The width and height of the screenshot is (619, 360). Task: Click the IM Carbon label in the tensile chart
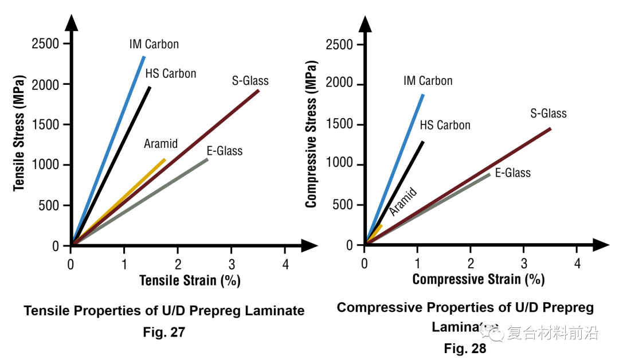click(x=154, y=44)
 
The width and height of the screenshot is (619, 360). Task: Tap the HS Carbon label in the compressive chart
click(x=445, y=125)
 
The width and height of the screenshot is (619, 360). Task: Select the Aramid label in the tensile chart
click(x=160, y=143)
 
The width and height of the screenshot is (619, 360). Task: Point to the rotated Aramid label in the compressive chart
click(x=403, y=202)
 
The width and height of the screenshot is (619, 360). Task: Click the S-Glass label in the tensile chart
click(x=250, y=81)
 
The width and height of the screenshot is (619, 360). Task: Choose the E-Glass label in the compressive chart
click(x=513, y=173)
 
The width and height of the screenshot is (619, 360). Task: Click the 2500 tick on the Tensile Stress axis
click(x=46, y=44)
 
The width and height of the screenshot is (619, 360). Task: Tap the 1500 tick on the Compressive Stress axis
click(x=340, y=125)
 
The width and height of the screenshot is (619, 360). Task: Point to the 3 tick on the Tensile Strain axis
click(x=232, y=264)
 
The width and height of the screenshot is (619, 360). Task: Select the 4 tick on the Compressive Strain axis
click(x=578, y=264)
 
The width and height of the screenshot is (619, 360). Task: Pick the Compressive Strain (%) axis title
click(x=478, y=280)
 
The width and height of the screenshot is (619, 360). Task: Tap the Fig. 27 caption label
click(x=164, y=332)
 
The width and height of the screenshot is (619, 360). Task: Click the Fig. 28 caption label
click(x=465, y=349)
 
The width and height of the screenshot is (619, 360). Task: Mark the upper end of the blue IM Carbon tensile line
click(x=144, y=56)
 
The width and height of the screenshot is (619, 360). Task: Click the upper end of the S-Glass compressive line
click(x=550, y=128)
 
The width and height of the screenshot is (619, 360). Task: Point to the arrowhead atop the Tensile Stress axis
click(x=71, y=23)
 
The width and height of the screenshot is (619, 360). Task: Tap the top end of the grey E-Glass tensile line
click(x=207, y=159)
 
